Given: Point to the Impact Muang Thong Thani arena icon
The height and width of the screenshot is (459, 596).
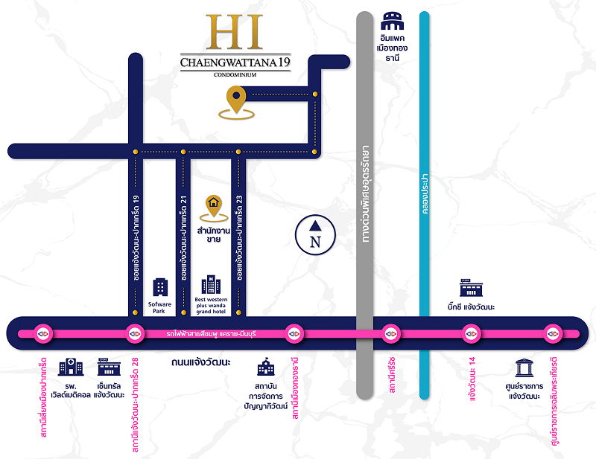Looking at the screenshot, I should (x=392, y=22).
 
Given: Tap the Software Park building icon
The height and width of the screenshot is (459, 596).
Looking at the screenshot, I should (x=160, y=288).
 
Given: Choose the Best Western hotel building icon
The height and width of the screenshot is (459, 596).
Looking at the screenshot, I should (x=212, y=284).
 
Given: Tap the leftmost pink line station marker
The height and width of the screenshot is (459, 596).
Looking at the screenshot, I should (x=41, y=333).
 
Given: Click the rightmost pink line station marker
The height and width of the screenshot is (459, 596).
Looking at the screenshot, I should (x=552, y=333).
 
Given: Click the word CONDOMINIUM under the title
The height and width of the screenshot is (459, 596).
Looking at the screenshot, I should (x=235, y=75).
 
